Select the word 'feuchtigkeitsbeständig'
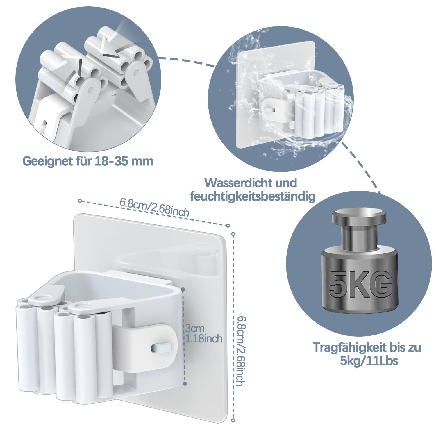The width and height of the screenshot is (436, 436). coord(253,197)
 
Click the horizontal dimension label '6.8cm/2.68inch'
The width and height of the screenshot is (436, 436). coord(154,207)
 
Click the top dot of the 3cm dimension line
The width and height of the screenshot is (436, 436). coord(183,290)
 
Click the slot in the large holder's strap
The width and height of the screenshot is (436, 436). coord(161,346)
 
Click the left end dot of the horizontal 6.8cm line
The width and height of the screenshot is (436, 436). coord(80,201)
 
